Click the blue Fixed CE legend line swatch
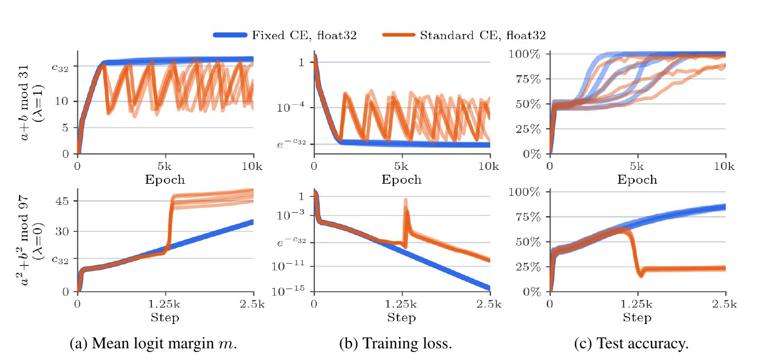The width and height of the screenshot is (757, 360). click(x=230, y=35)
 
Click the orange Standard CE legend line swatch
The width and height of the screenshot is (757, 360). click(x=399, y=35)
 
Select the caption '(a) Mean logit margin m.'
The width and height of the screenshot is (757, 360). click(x=154, y=344)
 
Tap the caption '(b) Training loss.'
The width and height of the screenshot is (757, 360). click(x=396, y=344)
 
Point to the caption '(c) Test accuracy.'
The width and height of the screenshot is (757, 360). click(x=632, y=344)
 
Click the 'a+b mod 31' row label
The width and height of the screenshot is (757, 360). click(x=24, y=102)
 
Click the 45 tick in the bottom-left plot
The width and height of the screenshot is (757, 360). click(x=62, y=201)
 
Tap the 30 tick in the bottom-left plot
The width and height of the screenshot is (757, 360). click(x=62, y=231)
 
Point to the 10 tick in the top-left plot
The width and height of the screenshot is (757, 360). click(x=62, y=101)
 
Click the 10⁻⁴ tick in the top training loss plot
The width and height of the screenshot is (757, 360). click(x=290, y=107)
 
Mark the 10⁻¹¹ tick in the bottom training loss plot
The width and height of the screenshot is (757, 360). click(x=288, y=266)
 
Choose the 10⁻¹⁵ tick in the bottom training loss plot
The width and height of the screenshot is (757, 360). click(x=288, y=290)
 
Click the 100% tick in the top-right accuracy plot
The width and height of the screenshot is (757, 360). click(x=525, y=54)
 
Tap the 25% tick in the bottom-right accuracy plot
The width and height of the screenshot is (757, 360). click(x=528, y=267)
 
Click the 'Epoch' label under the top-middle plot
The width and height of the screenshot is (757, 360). click(x=401, y=179)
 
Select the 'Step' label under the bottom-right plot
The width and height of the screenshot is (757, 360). click(x=637, y=318)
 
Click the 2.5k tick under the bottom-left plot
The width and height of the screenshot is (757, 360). click(x=252, y=304)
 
